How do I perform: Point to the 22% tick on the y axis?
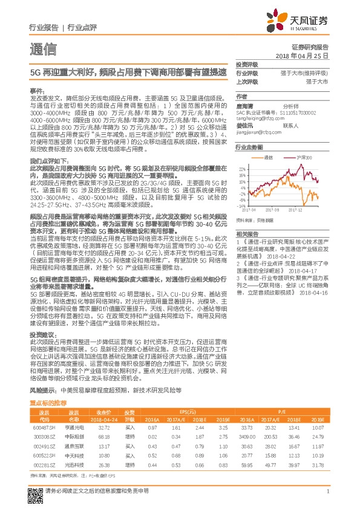pos(242,168)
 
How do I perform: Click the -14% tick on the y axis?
pos(241,207)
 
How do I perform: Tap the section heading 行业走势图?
pos(249,147)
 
